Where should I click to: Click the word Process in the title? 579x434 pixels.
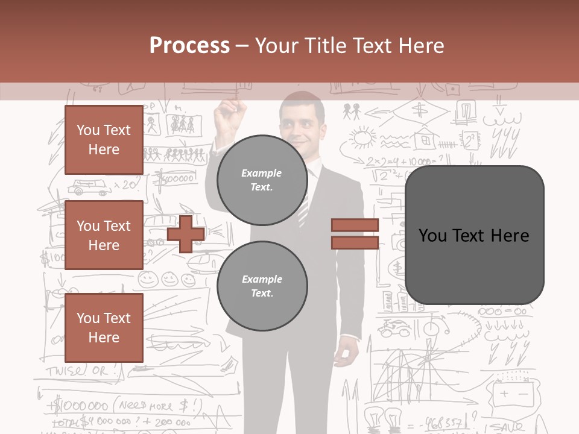coord(189,45)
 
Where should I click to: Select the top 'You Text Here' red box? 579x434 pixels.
coord(104,140)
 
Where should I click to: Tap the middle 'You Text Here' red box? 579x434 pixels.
coord(104,235)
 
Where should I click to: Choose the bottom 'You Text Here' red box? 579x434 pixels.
coord(104,327)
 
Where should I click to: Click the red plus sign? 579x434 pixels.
coord(186,234)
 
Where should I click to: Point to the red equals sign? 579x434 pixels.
coord(355,234)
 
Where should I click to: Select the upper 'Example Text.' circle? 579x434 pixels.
coord(262,180)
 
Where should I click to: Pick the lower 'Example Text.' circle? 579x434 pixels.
coord(262,286)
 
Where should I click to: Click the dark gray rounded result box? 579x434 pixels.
coord(474,235)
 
